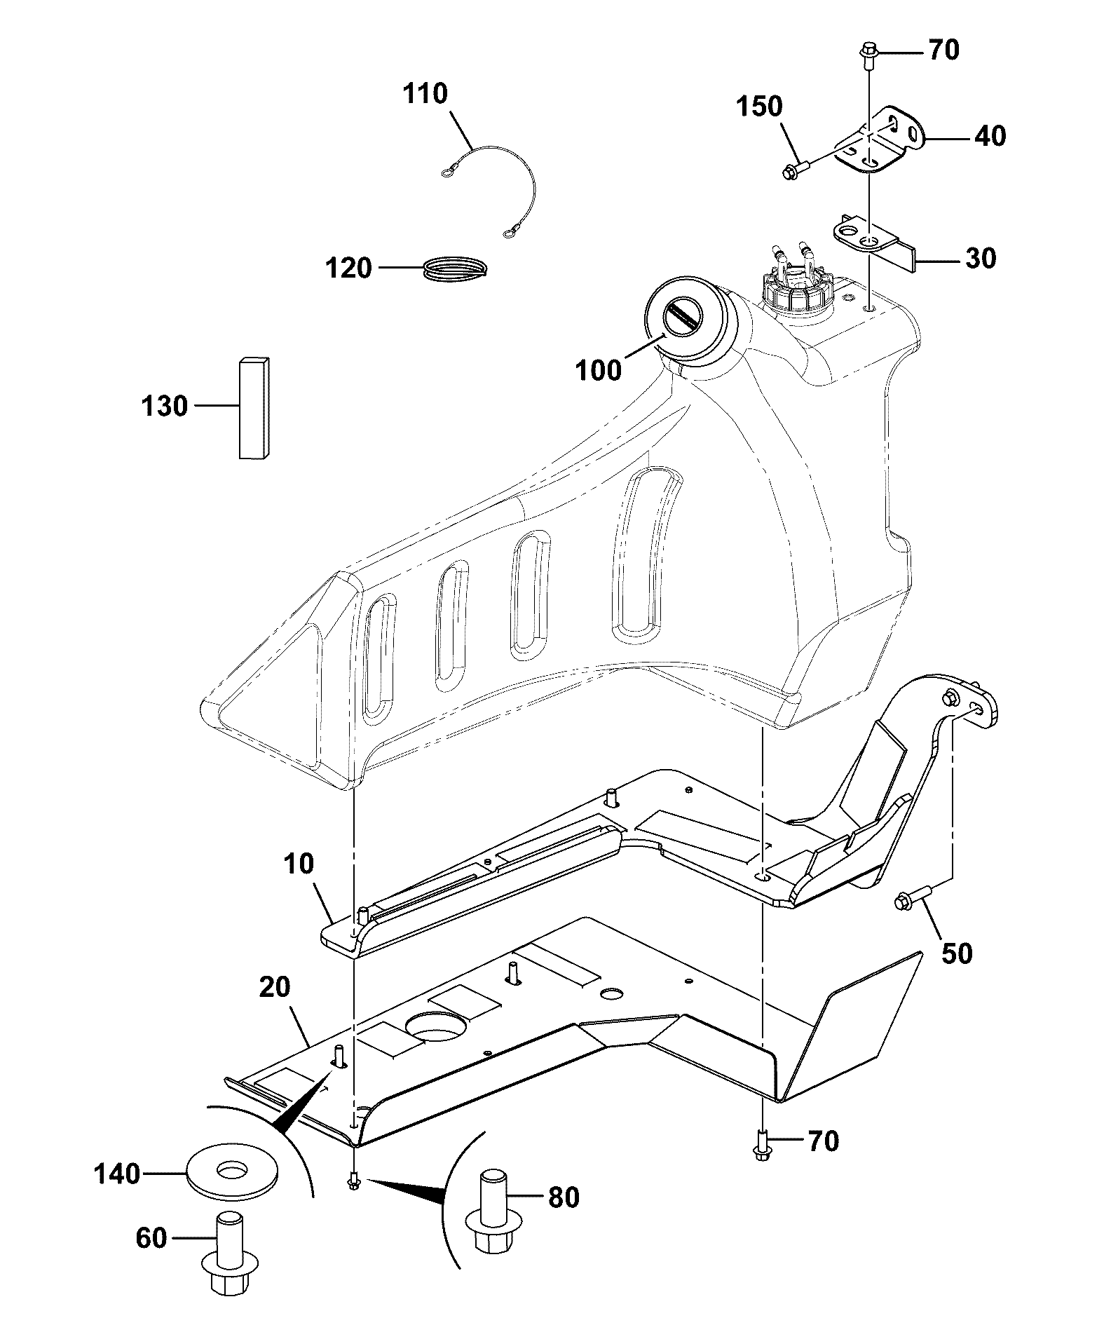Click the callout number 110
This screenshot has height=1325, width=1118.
425,94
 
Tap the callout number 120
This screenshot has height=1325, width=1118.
348,268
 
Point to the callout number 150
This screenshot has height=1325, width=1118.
759,107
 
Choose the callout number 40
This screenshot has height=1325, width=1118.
990,136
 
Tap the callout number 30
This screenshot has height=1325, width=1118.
981,259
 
